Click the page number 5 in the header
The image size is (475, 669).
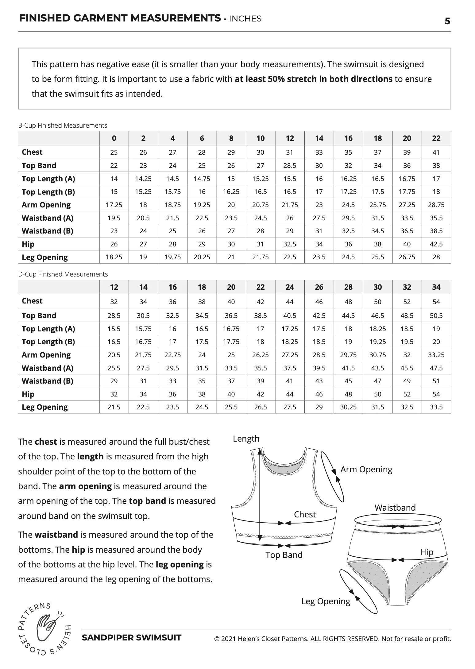(x=447, y=21)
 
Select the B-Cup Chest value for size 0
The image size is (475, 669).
(x=114, y=152)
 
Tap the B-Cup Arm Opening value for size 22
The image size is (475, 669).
(x=436, y=205)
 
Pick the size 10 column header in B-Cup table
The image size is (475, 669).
(x=260, y=138)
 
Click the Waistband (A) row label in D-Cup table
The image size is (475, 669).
(x=48, y=368)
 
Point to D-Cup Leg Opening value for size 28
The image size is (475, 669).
(x=348, y=407)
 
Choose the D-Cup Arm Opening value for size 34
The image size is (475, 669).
(x=436, y=355)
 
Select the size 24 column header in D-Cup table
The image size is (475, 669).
(x=290, y=287)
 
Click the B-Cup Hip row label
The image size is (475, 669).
(x=28, y=244)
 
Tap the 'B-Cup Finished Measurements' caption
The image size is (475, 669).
(x=63, y=126)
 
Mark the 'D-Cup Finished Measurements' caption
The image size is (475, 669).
(x=63, y=274)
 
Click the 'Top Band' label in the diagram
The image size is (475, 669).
(x=284, y=555)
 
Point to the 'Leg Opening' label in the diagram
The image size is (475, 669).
(x=326, y=601)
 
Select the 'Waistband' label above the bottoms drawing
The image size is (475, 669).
(x=395, y=508)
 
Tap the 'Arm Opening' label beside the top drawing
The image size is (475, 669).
(x=366, y=469)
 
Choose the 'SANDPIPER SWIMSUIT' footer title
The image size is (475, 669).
(x=132, y=638)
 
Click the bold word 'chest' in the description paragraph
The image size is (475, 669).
(x=46, y=442)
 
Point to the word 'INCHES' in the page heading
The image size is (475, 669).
(x=245, y=19)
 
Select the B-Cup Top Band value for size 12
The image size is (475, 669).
(x=290, y=166)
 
